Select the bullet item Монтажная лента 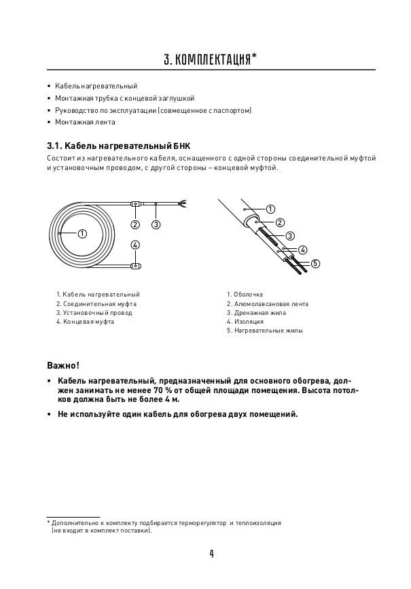pyautogui.click(x=86, y=122)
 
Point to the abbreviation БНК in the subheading pyautogui.click(x=181, y=146)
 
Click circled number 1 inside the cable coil pyautogui.click(x=82, y=233)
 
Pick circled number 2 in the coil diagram pyautogui.click(x=135, y=224)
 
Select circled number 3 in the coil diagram pyautogui.click(x=156, y=224)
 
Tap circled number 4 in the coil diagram pyautogui.click(x=135, y=245)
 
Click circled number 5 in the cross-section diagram pyautogui.click(x=316, y=263)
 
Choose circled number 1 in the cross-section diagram pyautogui.click(x=270, y=209)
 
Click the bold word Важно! pyautogui.click(x=63, y=365)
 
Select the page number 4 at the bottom pyautogui.click(x=212, y=554)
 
